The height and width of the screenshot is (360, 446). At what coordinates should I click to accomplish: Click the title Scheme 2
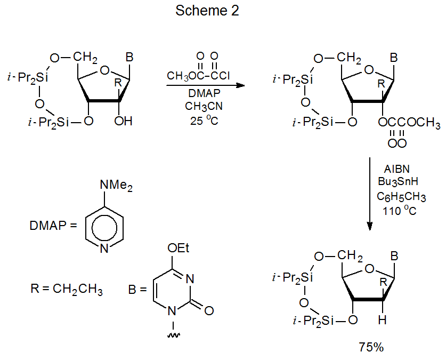pos(207,11)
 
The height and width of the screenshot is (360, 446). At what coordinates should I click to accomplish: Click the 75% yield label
pos(371,347)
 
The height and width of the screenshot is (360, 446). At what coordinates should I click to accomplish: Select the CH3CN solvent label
pos(200,106)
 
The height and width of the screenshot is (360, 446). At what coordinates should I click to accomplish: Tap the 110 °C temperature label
pos(399,211)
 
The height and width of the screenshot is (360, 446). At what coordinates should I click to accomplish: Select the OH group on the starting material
pos(124,121)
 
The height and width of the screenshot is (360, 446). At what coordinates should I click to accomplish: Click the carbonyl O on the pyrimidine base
pos(209,309)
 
